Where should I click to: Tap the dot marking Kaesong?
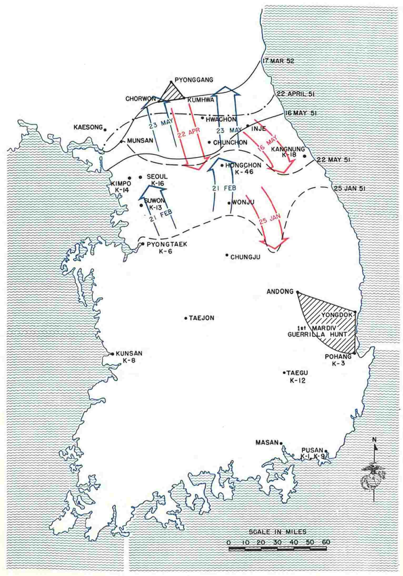point(105,130)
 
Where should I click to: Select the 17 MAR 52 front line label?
point(278,61)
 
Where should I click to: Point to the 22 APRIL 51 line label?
point(295,94)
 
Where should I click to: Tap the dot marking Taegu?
point(284,373)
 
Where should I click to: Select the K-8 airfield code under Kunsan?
point(129,361)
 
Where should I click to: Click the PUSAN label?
point(312,450)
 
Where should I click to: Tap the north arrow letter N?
point(374,440)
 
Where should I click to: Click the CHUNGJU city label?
point(245,257)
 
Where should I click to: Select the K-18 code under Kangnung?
point(289,155)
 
